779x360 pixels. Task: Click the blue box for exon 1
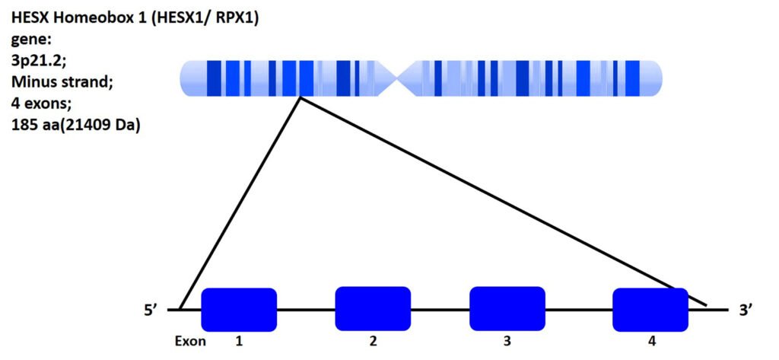239,310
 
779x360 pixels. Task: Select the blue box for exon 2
373,308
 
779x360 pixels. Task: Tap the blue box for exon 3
507,308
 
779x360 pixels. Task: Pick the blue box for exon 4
650,310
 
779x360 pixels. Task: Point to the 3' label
746,311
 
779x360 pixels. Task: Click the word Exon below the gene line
189,342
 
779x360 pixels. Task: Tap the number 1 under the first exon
239,342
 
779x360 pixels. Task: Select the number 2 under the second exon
373,342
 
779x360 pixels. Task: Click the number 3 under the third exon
507,342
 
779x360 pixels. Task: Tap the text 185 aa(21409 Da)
75,125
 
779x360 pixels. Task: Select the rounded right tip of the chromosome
657,78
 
